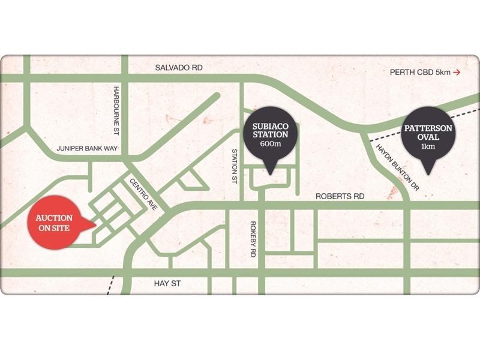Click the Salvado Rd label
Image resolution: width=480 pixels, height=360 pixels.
tap(179, 68)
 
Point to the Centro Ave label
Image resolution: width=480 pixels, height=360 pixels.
tap(144, 193)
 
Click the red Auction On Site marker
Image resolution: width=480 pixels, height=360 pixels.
tap(55, 222)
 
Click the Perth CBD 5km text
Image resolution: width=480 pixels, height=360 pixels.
tap(419, 73)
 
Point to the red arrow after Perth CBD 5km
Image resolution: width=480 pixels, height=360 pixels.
tap(457, 73)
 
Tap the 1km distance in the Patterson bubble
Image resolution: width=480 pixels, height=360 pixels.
tap(428, 147)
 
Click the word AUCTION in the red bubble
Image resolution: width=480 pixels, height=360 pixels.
tap(54, 217)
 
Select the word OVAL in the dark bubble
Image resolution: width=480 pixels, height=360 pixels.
tap(428, 137)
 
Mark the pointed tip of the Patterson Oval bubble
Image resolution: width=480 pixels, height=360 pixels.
tap(428, 173)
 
